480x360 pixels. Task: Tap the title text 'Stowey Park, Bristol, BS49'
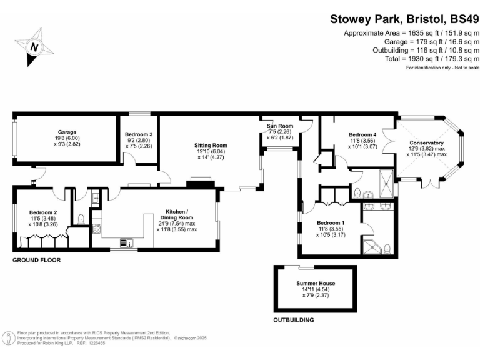pos(404,19)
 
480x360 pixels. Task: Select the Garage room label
pos(67,132)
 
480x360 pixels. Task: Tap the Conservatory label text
pos(427,142)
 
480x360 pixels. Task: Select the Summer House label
pos(315,283)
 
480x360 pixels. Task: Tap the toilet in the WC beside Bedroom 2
pos(82,219)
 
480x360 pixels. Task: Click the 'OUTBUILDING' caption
pos(294,320)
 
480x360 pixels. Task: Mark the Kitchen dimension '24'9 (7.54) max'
pos(177,223)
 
